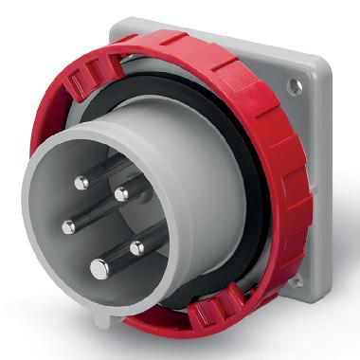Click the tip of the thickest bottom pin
click(99, 270)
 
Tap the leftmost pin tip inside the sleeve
click(67, 226)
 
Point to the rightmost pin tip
click(136, 248)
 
